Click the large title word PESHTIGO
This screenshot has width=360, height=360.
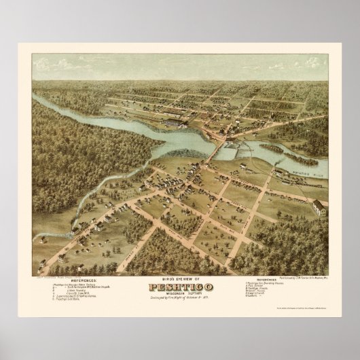pos(179,287)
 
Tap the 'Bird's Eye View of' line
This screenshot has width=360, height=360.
pos(179,279)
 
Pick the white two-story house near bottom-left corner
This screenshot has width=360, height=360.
pos(59,259)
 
